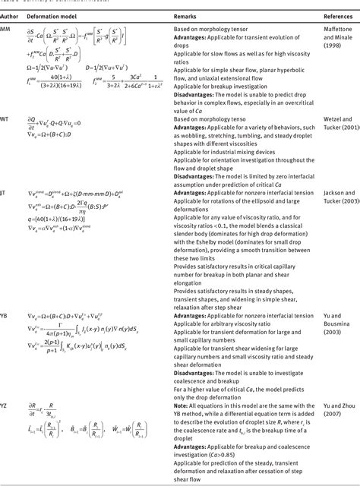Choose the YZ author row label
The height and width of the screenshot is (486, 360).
click(x=5, y=405)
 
